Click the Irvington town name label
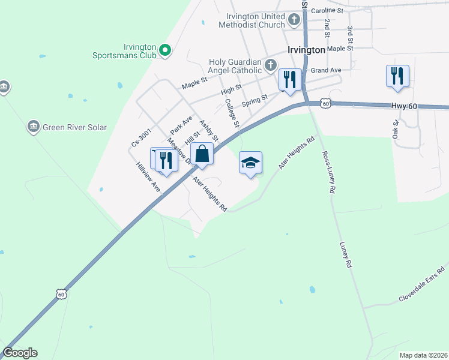click(x=306, y=50)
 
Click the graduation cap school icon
click(x=250, y=162)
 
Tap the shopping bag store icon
click(x=203, y=154)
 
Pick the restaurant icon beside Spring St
click(x=290, y=80)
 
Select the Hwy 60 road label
click(x=403, y=106)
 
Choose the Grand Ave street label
click(x=326, y=70)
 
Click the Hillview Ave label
click(x=148, y=178)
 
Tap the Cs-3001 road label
click(x=142, y=137)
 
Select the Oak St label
click(x=396, y=131)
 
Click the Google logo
click(x=20, y=353)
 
